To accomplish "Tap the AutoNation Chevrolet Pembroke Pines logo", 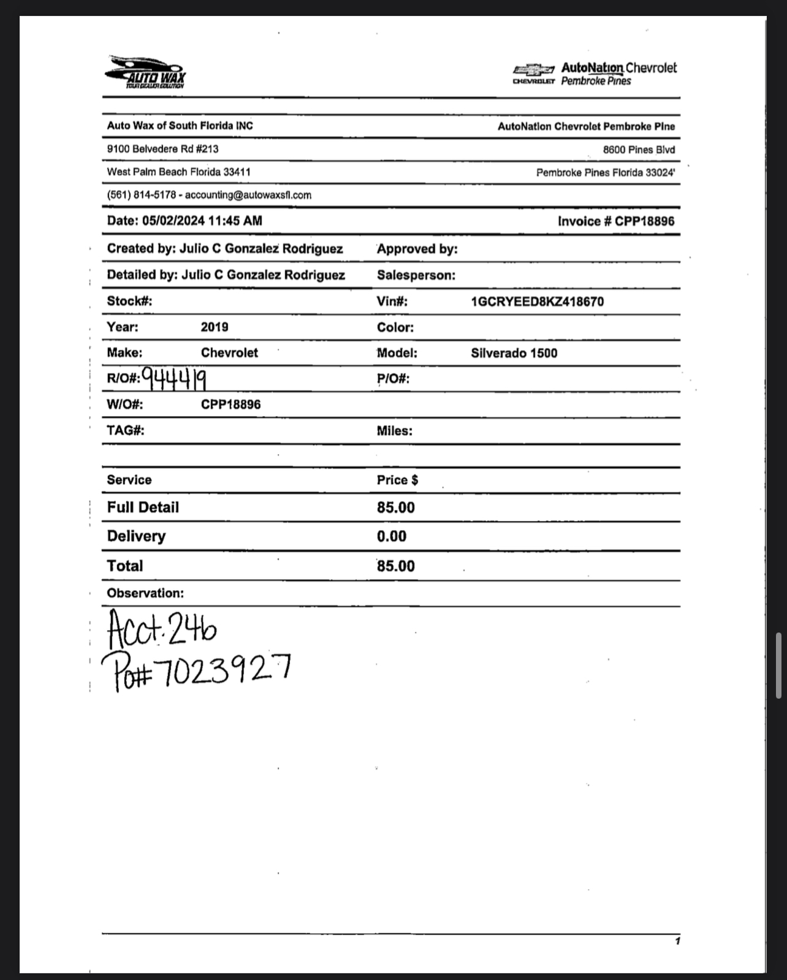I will point(595,74).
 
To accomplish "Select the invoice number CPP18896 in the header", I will point(644,221).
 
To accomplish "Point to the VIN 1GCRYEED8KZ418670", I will point(537,302).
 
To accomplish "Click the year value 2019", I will point(215,327).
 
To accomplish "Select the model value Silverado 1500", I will point(514,353).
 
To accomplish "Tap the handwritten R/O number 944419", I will point(173,379).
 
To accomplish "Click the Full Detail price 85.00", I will point(395,507).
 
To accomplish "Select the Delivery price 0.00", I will point(392,536).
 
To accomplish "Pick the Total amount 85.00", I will point(395,566).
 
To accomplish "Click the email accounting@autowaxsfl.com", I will point(248,195).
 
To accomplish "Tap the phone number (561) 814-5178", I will point(141,195).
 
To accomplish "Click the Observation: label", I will point(145,593).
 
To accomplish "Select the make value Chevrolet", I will point(229,352).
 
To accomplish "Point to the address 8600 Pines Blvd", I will point(639,150).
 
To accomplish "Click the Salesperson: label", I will point(416,275).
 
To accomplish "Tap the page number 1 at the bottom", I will point(677,941).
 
